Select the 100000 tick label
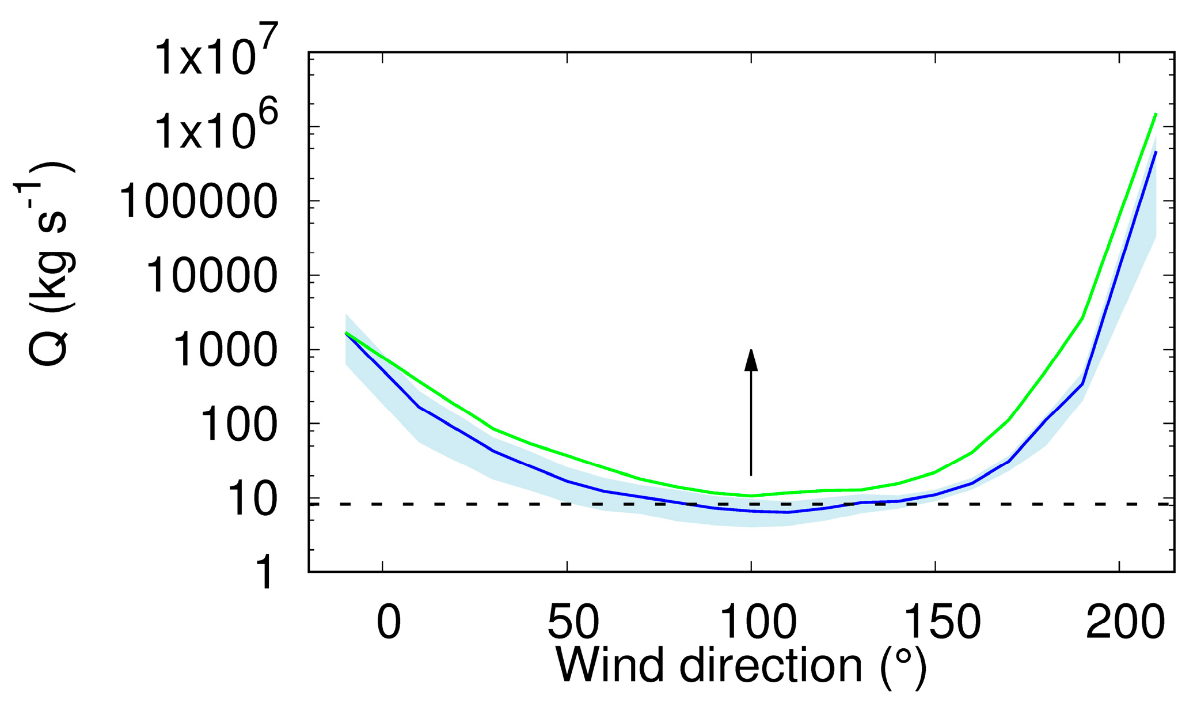pyautogui.click(x=198, y=202)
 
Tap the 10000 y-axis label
pyautogui.click(x=212, y=276)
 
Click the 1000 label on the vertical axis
pyautogui.click(x=225, y=350)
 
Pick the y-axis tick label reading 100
pyautogui.click(x=238, y=425)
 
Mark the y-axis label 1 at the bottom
pyautogui.click(x=265, y=573)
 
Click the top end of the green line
pyautogui.click(x=1156, y=114)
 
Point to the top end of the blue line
pyautogui.click(x=1156, y=152)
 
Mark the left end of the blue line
pyautogui.click(x=345, y=333)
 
